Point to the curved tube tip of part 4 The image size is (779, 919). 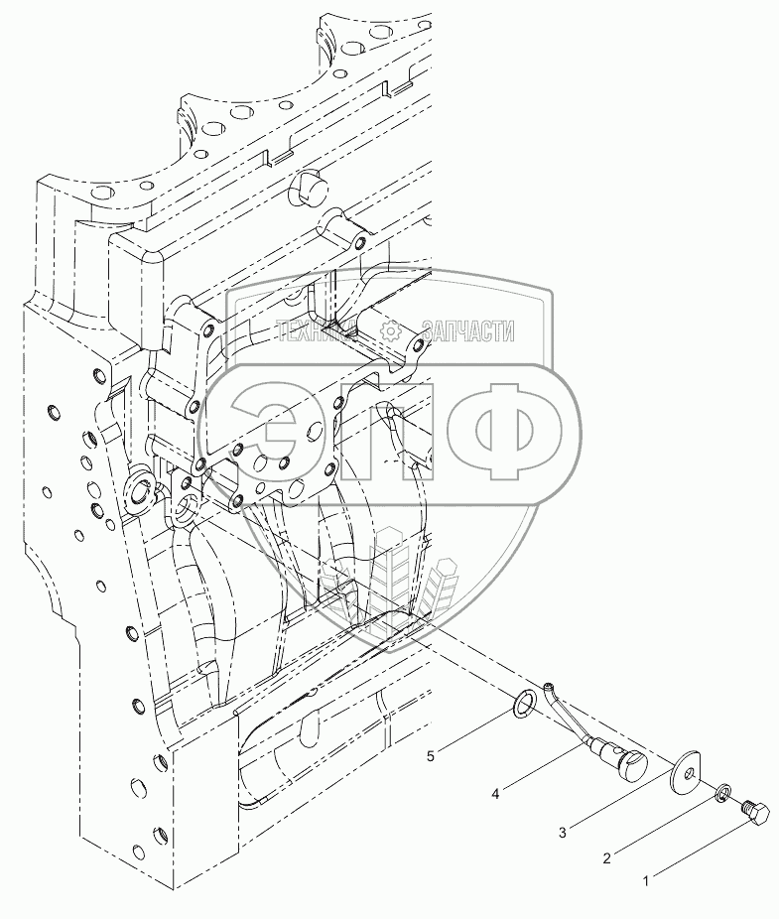coord(549,686)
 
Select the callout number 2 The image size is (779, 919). coord(606,854)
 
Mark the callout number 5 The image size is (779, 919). coord(431,757)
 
